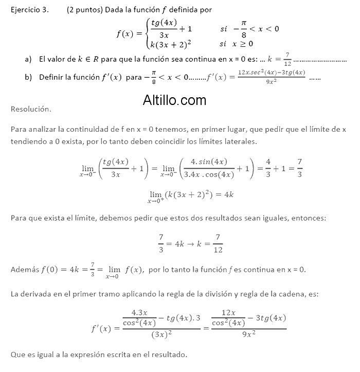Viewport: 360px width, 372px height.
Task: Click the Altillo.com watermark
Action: click(174, 100)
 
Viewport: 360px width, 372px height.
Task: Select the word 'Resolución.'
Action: click(31, 110)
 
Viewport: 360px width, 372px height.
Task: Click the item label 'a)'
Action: click(28, 59)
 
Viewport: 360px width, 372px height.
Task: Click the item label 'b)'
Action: click(28, 77)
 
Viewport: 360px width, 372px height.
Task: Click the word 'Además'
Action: click(24, 270)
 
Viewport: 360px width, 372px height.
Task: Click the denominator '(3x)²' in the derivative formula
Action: click(161, 335)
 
